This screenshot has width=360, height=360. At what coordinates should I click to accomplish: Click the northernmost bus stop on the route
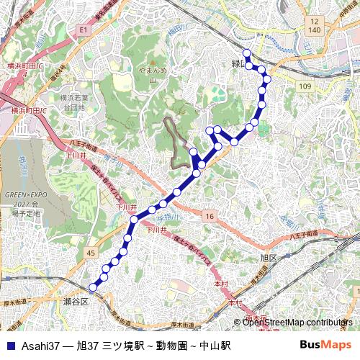[x=246, y=53]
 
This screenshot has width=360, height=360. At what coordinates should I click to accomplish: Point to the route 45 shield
[x=90, y=253]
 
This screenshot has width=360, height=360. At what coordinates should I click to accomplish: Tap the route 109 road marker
[x=306, y=86]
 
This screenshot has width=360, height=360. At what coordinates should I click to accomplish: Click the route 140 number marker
[x=315, y=30]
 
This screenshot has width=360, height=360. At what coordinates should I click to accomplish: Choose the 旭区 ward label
[x=269, y=257]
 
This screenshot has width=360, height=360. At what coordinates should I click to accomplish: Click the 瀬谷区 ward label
[x=75, y=301]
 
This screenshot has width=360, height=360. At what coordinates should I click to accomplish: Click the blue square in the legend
[x=10, y=346]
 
